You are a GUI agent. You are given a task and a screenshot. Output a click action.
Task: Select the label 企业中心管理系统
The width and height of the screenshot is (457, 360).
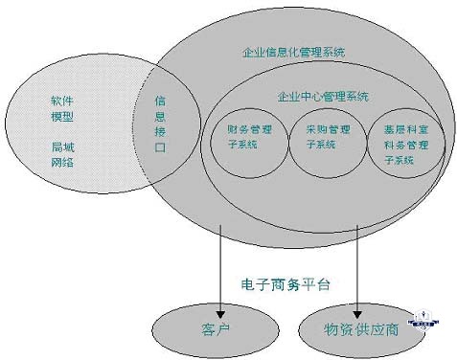[321, 96]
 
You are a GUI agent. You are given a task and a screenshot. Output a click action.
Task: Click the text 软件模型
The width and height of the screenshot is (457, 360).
[62, 108]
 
